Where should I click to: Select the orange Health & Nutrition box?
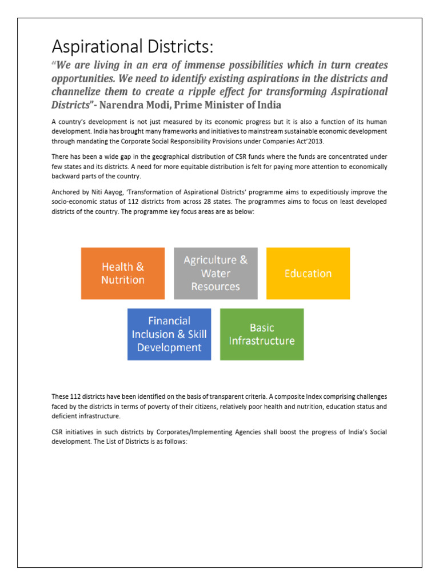click(123, 273)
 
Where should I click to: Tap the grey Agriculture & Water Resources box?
click(215, 273)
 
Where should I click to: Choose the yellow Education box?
click(308, 273)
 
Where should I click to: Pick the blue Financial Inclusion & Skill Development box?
click(169, 334)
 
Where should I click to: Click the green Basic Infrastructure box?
click(262, 334)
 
